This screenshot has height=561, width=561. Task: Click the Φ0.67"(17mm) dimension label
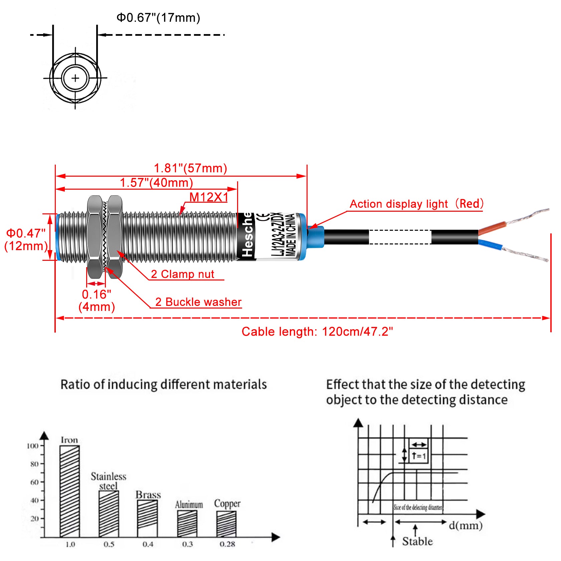(158, 18)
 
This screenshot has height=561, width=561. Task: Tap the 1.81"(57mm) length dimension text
(190, 168)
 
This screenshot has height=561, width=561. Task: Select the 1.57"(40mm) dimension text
(156, 183)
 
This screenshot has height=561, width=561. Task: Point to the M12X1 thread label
(209, 197)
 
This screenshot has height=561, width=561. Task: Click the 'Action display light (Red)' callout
(416, 204)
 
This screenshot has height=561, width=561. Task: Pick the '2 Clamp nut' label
(182, 274)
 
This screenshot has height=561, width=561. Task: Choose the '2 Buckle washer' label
(198, 302)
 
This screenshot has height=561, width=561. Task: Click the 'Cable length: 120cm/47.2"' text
(317, 332)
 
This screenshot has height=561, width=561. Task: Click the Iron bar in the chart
(69, 491)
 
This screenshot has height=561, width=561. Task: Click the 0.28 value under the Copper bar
(227, 544)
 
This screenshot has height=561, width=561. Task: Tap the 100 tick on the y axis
(32, 446)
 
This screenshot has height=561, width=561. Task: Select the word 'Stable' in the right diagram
(417, 541)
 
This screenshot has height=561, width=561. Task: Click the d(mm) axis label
(465, 525)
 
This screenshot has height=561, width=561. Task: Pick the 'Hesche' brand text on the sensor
(247, 235)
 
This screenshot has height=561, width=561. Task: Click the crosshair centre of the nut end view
(75, 78)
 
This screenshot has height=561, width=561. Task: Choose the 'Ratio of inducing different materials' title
(164, 384)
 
